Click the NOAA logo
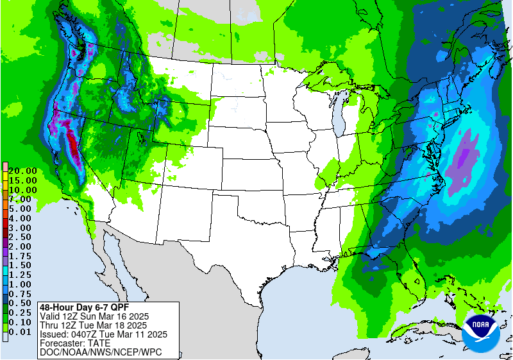(484, 331)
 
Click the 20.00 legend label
(22, 171)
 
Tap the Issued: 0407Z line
(103, 334)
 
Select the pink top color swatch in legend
(4, 167)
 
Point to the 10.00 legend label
(22, 190)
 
